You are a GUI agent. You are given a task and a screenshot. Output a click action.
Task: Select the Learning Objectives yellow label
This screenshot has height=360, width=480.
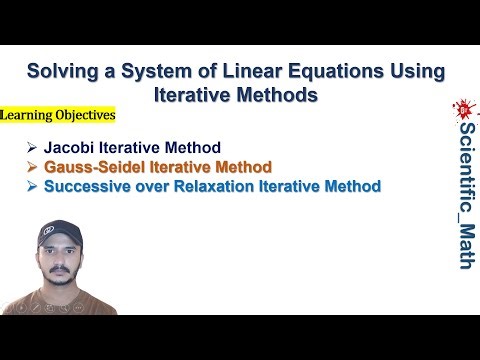[58, 116]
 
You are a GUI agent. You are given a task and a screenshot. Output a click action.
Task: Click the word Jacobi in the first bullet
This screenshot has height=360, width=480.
[67, 148]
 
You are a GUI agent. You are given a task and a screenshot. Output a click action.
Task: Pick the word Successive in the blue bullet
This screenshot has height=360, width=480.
[87, 186]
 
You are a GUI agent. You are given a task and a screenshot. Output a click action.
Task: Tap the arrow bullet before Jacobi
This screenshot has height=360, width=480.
[33, 148]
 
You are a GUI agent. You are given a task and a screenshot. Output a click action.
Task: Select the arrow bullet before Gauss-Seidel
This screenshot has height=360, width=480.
[33, 167]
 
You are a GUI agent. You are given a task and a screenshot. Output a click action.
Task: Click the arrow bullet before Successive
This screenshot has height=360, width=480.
[33, 186]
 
